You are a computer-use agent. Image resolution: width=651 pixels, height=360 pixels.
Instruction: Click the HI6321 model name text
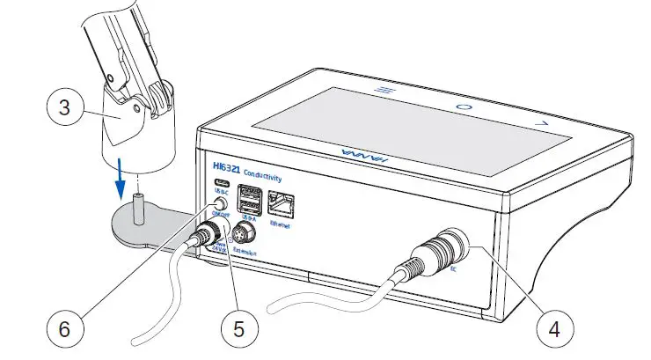click(228, 165)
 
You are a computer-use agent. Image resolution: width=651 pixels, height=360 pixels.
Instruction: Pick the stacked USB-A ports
click(248, 197)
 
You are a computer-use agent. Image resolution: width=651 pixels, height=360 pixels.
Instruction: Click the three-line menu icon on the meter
click(382, 89)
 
